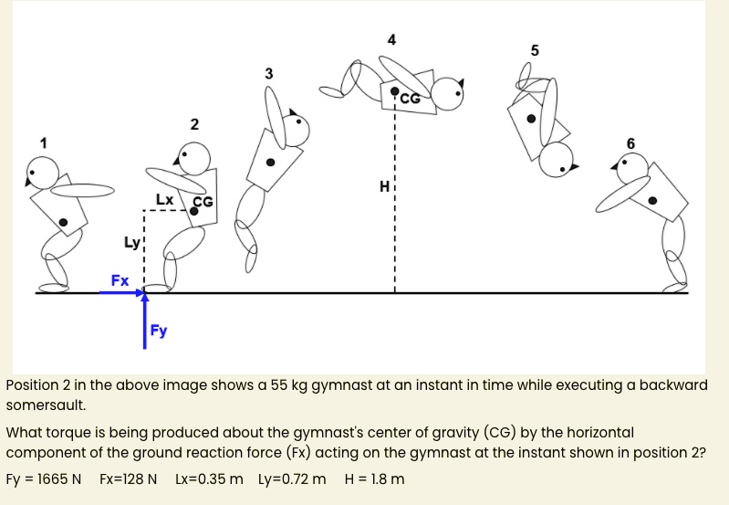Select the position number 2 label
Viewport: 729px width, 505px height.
pos(193,123)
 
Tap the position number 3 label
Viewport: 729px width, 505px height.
pos(267,72)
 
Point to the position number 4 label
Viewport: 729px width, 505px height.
pos(392,39)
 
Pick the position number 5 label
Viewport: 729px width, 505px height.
pos(535,49)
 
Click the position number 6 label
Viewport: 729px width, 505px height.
pos(630,142)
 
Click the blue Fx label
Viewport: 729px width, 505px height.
pos(120,279)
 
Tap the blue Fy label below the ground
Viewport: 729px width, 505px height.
pos(159,331)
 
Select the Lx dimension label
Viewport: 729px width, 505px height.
pos(164,198)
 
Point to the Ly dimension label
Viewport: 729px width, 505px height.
pos(132,242)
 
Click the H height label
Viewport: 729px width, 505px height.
pos(385,188)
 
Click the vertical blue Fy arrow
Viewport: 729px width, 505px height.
pos(144,320)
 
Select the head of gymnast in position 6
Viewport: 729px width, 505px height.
pos(632,167)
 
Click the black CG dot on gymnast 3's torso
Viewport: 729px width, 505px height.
pos(270,163)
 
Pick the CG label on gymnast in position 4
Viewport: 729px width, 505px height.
pos(410,97)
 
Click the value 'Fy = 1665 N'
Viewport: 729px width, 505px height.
pos(44,479)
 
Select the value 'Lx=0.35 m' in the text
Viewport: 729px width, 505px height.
pos(209,479)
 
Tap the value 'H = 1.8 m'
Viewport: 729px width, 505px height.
pos(375,479)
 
